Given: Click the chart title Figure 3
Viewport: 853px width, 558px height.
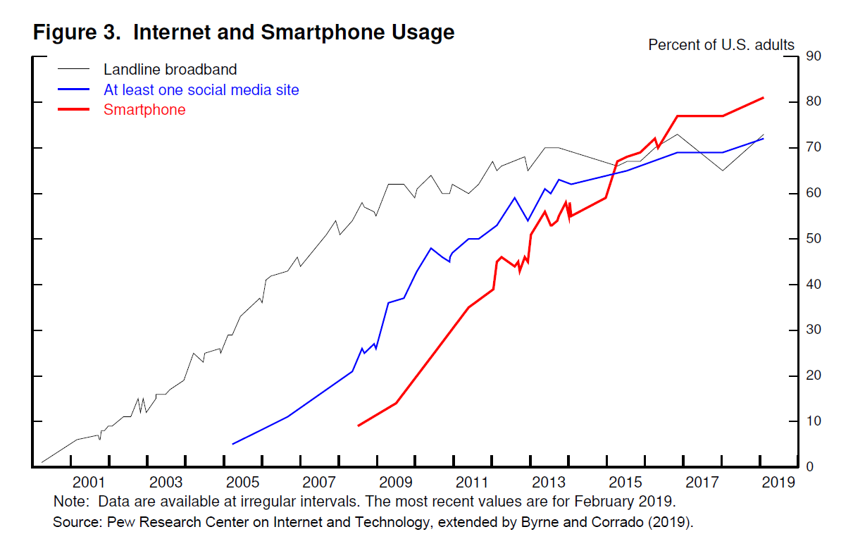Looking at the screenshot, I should pos(243,32).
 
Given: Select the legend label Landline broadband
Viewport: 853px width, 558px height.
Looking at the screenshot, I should pos(170,70).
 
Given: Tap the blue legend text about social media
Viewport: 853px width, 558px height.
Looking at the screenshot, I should pos(201,90).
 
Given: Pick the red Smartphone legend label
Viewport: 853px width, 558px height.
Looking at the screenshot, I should pos(144,110).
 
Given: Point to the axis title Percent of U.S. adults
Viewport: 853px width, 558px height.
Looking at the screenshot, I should pos(721,45).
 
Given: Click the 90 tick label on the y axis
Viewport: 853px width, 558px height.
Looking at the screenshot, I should pos(814,56).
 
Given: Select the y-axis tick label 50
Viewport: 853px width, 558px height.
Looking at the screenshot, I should pos(814,239).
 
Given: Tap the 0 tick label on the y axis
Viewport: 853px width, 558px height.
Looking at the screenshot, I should pos(810,467).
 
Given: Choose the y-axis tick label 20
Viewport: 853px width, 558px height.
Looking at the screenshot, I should pos(814,376).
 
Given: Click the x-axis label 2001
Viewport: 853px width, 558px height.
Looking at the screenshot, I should pos(88,483).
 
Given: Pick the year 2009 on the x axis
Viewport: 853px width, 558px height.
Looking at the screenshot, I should pos(395,483).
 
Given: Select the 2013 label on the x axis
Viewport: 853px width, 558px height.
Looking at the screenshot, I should pos(549,483).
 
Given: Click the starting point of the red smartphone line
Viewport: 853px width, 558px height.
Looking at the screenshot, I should pos(359,426).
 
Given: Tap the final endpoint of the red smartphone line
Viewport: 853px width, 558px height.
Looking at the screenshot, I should pos(764,98).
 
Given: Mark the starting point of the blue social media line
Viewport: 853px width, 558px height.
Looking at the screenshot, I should pos(232,444).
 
